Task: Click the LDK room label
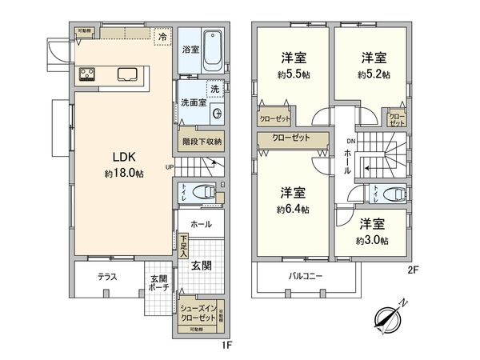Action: tap(123, 158)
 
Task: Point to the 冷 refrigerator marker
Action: tap(163, 37)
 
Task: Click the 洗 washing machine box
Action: tap(214, 90)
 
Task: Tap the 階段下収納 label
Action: tap(202, 141)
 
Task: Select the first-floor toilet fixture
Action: tap(204, 193)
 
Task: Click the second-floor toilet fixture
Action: tap(390, 194)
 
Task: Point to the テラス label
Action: tap(108, 277)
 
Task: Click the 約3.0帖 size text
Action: tap(373, 240)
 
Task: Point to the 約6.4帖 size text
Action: tap(293, 210)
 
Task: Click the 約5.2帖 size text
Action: tap(373, 74)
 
